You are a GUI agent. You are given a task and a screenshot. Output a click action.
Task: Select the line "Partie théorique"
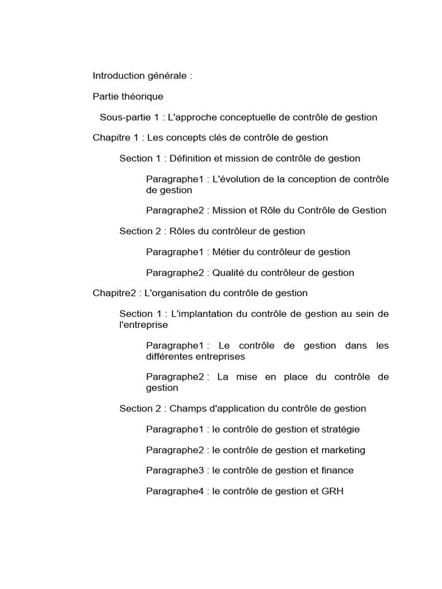click(x=128, y=97)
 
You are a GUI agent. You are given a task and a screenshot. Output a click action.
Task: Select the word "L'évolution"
click(x=236, y=179)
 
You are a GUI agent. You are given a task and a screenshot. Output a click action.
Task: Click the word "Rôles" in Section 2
click(x=184, y=231)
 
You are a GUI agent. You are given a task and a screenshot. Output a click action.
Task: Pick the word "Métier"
click(x=226, y=252)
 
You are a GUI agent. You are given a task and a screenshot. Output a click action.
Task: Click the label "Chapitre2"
click(x=114, y=293)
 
